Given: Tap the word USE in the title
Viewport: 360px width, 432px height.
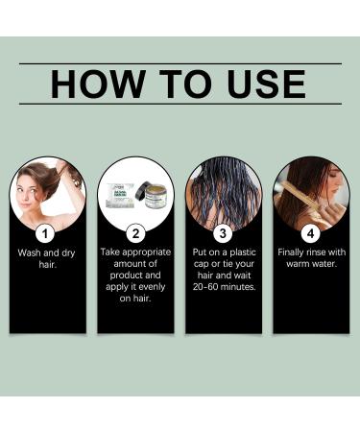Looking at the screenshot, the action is (x=266, y=84).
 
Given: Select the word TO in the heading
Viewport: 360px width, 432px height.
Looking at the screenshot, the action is (x=185, y=84).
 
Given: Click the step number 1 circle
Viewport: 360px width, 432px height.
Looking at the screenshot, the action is (x=45, y=233).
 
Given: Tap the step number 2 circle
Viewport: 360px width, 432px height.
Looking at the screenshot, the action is (x=135, y=233).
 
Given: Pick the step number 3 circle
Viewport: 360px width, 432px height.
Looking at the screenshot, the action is (x=223, y=233).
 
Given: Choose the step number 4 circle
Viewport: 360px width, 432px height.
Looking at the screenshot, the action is (x=311, y=233).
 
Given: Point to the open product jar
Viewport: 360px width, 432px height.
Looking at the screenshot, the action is (x=156, y=196).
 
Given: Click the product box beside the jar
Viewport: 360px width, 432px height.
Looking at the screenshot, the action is (x=121, y=194).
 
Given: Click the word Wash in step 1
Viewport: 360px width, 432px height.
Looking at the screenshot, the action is (x=30, y=252).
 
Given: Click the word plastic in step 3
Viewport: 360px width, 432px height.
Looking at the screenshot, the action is (x=243, y=252).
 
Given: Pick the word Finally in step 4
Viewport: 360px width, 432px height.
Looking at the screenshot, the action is (x=291, y=252).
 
